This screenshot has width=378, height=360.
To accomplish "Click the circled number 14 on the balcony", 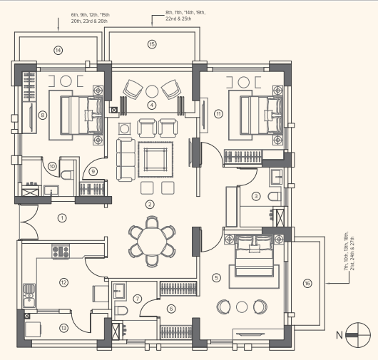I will [58, 50].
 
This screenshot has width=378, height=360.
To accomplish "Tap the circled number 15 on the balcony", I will [151, 44].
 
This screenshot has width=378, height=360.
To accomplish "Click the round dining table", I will [150, 239].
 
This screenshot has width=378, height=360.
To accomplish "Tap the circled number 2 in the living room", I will [150, 205].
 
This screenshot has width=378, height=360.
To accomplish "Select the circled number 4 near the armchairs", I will [150, 105].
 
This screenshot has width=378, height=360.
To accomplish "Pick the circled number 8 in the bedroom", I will [43, 114].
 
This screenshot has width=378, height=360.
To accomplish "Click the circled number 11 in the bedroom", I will [218, 113].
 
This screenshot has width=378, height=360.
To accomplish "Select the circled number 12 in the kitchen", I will [63, 282].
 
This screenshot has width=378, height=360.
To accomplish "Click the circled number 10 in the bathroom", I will [52, 167].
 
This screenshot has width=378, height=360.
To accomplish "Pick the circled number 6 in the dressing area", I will [170, 308].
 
